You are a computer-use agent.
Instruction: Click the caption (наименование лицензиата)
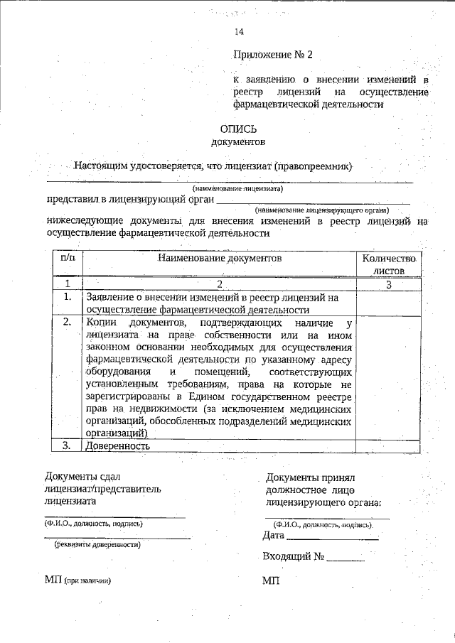[239, 189]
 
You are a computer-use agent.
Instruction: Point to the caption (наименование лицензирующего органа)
[323, 210]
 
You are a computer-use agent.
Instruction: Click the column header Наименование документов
[220, 259]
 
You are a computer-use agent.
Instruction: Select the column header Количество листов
[387, 265]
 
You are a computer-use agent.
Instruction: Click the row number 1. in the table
[67, 298]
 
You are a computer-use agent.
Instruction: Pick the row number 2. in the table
[67, 322]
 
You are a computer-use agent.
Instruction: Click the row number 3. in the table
[67, 446]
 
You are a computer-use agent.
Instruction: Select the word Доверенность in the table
[117, 447]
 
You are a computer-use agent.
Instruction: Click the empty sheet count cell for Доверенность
[387, 446]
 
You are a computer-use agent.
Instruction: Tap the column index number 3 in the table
[387, 284]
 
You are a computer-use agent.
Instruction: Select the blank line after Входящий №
[348, 561]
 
